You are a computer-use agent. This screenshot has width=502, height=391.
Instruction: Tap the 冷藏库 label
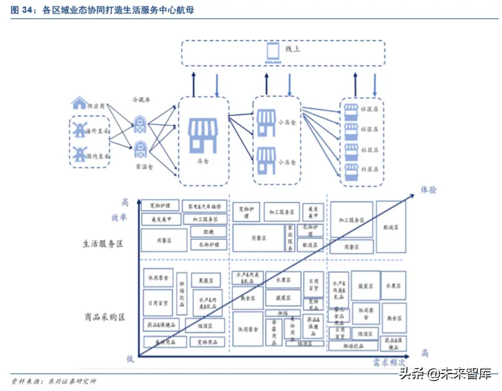[141, 99]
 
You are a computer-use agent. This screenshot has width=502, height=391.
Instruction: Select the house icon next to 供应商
[79, 103]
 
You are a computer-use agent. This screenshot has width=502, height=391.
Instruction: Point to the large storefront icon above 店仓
[203, 135]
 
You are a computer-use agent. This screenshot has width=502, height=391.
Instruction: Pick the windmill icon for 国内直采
[79, 155]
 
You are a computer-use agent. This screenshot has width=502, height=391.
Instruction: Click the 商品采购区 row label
[104, 317]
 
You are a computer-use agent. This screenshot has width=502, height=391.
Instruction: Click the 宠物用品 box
[206, 342]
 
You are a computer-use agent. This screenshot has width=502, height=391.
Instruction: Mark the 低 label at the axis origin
[130, 359]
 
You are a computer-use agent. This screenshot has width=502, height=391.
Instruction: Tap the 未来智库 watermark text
[465, 373]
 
